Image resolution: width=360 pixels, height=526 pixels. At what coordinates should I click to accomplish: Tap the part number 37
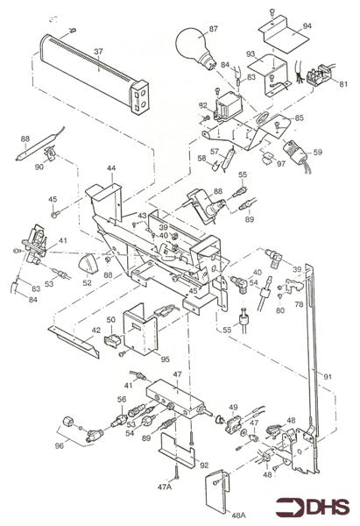99,52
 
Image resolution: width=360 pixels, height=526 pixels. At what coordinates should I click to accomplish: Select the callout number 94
307,26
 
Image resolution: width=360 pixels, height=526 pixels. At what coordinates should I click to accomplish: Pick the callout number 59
317,153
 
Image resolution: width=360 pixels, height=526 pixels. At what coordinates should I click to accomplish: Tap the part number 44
110,167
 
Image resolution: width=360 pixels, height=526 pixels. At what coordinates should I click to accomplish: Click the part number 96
60,444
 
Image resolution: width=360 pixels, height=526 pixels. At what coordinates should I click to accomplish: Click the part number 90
38,166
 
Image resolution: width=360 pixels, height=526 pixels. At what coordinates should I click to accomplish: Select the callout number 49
233,408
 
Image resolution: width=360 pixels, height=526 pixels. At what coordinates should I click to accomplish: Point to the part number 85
300,118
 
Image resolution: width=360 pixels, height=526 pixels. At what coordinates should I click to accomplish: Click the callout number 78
298,303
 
